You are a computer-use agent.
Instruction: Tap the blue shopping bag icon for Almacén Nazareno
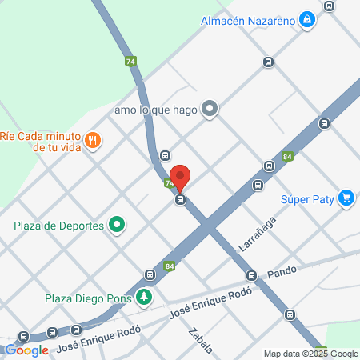307,20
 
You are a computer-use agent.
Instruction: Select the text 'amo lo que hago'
156,109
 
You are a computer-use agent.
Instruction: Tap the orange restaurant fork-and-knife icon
94,142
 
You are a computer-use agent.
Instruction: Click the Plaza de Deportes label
59,226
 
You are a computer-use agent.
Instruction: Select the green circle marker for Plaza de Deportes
117,225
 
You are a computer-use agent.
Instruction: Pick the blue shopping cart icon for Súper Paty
346,198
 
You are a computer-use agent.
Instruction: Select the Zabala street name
200,340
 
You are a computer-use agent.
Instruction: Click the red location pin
181,177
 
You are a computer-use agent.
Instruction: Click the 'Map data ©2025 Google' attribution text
311,354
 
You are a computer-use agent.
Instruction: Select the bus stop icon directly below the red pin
181,199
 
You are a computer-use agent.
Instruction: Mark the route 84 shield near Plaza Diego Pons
169,266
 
